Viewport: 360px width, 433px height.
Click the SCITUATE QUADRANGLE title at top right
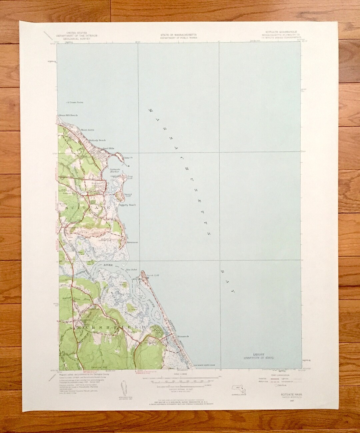coord(277,33)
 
